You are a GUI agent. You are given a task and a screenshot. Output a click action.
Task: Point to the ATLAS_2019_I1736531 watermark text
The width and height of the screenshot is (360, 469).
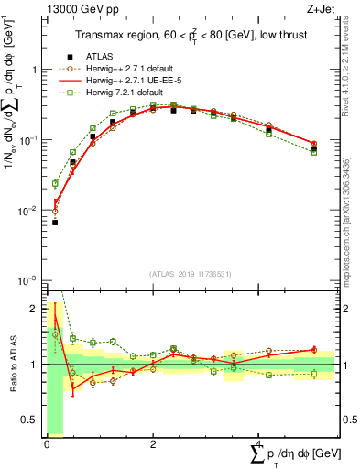coord(191,272)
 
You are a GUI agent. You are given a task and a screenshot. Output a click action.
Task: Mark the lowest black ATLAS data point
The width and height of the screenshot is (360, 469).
coord(55,222)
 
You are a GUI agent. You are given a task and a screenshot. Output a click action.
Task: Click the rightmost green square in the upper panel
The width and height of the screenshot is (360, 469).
coord(314,152)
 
